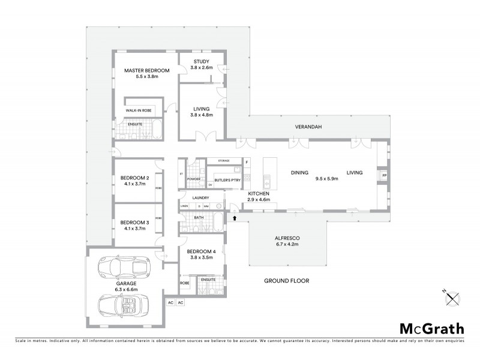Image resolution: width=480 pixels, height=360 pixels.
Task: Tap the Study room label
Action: pyautogui.click(x=200, y=62)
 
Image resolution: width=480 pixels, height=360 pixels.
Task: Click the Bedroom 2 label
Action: pyautogui.click(x=134, y=178)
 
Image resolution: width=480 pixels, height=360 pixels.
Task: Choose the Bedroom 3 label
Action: pyautogui.click(x=134, y=222)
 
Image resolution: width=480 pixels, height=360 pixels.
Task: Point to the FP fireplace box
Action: pyautogui.click(x=384, y=175)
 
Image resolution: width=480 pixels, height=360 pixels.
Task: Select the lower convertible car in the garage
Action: pyautogui.click(x=125, y=306)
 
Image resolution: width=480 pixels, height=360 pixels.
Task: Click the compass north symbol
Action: pyautogui.click(x=453, y=295)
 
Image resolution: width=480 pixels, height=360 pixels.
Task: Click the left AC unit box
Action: pyautogui.click(x=170, y=302)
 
